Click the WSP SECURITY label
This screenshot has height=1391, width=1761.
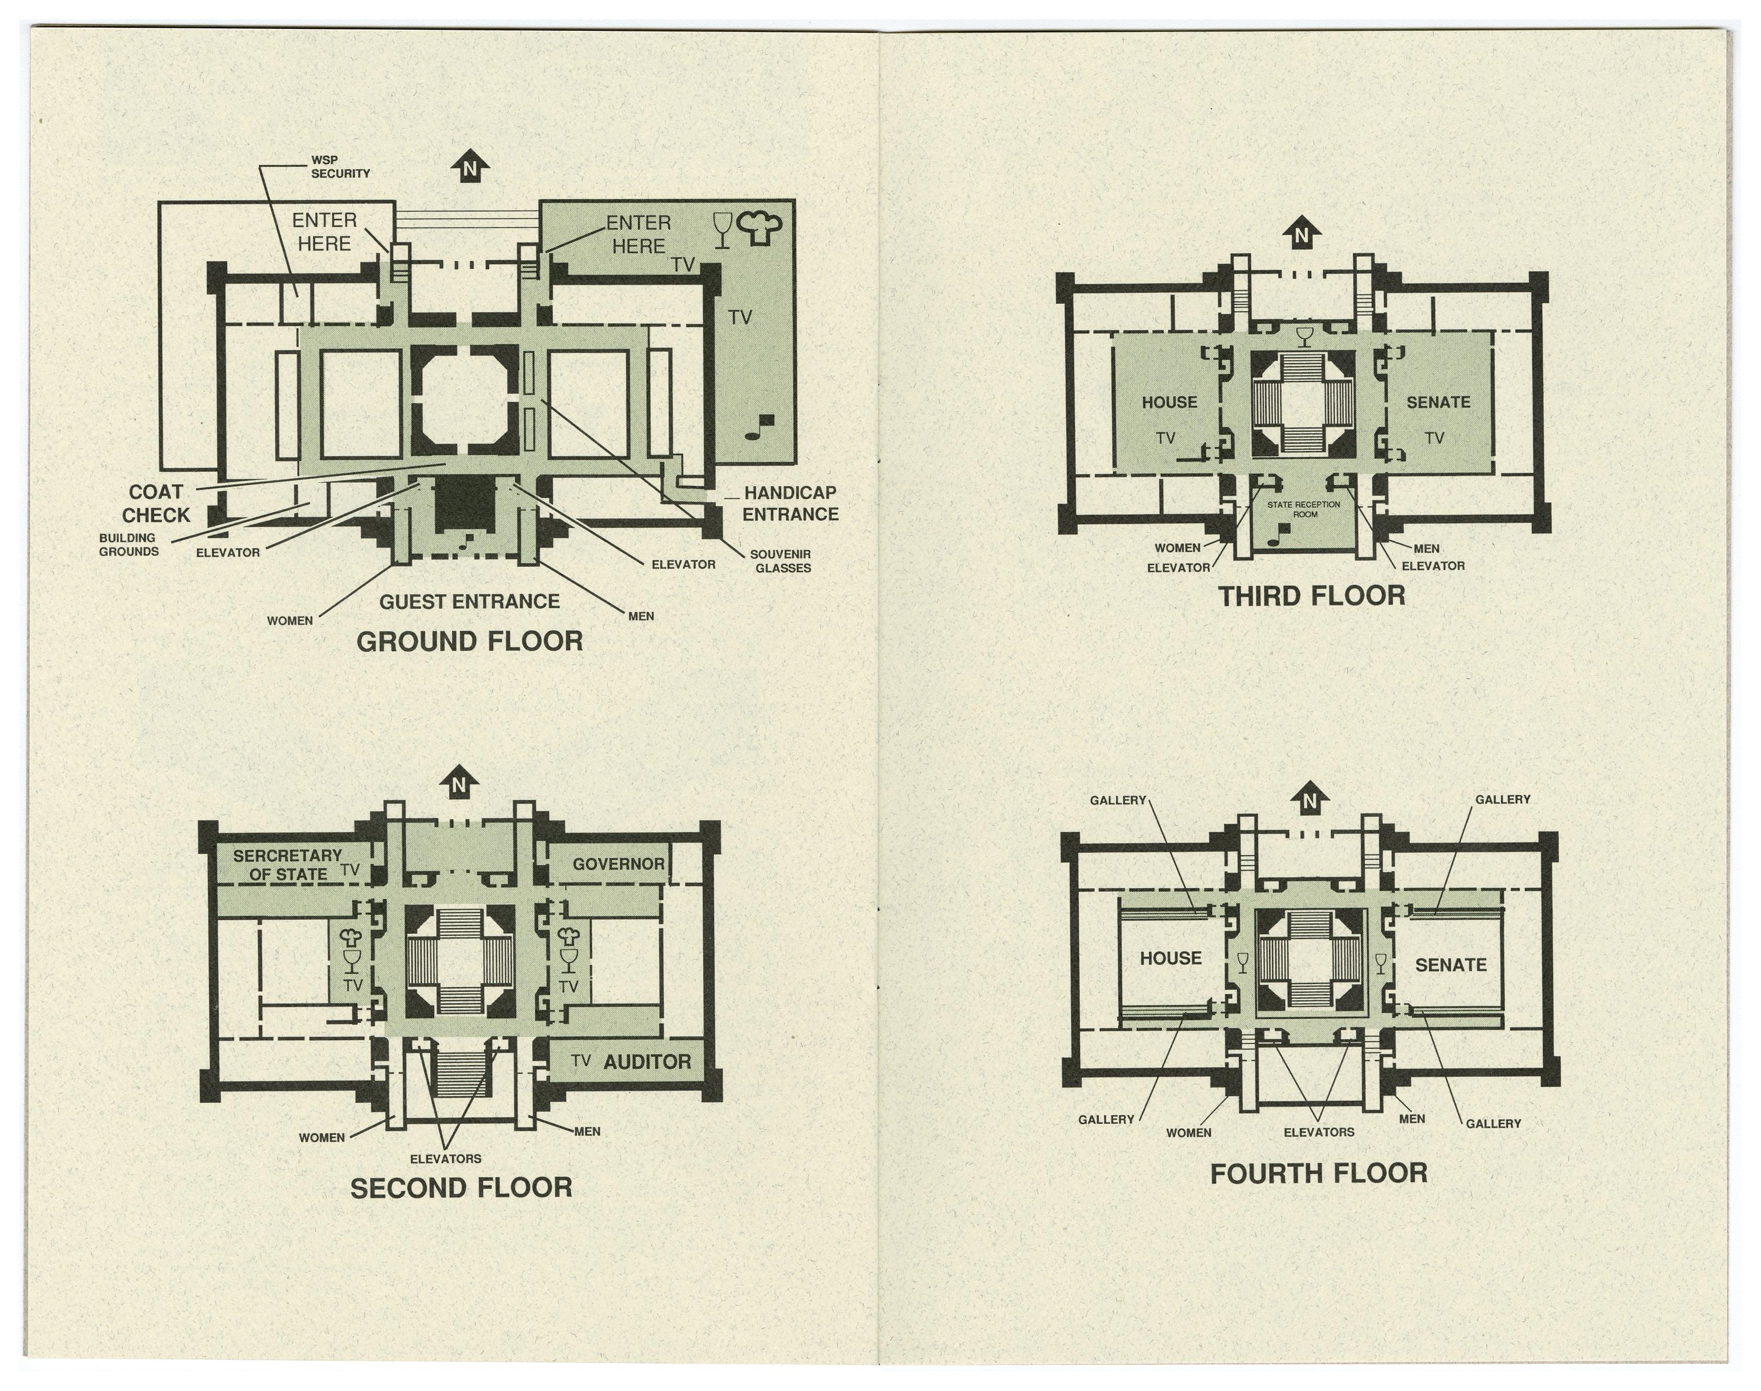click(x=340, y=167)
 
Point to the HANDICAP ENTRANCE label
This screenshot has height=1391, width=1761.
click(x=790, y=503)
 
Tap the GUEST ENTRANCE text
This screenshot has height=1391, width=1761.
click(x=469, y=602)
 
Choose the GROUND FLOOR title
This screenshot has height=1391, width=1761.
click(x=470, y=642)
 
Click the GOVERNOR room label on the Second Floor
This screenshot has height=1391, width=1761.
click(x=619, y=864)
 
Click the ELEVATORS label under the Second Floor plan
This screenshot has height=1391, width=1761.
click(x=445, y=1159)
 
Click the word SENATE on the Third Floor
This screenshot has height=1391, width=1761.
click(x=1438, y=402)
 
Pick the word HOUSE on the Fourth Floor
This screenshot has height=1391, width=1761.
click(x=1171, y=959)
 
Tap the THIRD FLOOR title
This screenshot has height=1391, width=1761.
click(x=1311, y=596)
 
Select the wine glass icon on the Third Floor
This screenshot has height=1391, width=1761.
click(x=1304, y=336)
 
